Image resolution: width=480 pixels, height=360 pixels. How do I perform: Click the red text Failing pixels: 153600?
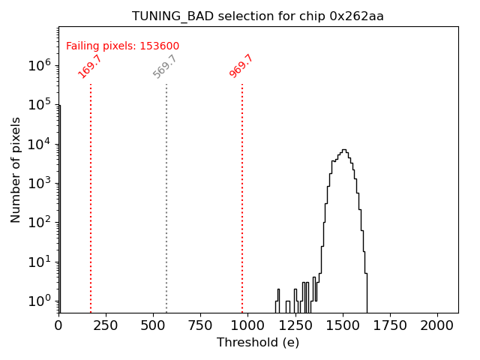tap(122, 46)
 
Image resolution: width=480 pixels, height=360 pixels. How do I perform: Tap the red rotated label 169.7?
tap(90, 66)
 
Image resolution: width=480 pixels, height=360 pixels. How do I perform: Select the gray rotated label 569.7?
tap(165, 66)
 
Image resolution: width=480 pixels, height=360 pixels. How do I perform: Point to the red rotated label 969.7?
tap(241, 66)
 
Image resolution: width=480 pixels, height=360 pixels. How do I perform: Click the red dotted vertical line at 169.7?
tap(91, 195)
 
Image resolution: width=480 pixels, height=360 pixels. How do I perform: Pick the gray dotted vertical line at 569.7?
tap(166, 195)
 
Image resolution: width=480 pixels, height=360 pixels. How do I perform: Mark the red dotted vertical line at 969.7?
tap(242, 195)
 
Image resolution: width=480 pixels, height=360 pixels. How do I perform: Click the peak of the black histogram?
tap(343, 150)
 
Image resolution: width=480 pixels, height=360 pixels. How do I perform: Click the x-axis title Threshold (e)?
tap(258, 343)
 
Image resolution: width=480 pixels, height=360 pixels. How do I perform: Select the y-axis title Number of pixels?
tap(16, 169)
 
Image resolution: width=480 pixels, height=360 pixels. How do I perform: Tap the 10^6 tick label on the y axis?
tap(39, 65)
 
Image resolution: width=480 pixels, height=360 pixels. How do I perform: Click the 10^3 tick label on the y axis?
tap(39, 183)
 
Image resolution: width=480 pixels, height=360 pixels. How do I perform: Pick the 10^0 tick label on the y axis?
tap(39, 301)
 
